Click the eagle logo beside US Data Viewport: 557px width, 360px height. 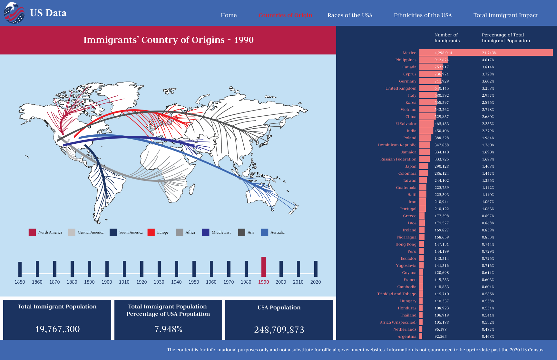tap(14, 13)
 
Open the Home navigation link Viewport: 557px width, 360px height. tap(229, 15)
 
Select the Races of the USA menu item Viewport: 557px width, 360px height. tap(350, 15)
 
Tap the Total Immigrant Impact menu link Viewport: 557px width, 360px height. tap(505, 15)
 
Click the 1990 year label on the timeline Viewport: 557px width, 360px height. tap(263, 282)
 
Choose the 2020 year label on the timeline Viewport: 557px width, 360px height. tap(315, 282)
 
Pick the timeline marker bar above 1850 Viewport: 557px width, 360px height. tap(20, 269)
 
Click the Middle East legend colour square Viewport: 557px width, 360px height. tap(206, 232)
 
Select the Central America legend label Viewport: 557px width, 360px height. tap(90, 232)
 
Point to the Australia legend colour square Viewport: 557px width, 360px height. tap(265, 232)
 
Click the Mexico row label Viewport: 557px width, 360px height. tap(409, 53)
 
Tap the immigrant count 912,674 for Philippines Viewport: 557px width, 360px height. tap(441, 60)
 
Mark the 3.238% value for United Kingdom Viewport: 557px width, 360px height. tap(488, 88)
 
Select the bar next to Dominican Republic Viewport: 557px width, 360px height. tap(425, 145)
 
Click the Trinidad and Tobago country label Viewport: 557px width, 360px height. tap(397, 294)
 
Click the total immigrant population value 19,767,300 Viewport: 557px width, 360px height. tap(57, 329)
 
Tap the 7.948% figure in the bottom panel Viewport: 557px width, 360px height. tap(168, 329)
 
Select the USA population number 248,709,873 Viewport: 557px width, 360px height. tap(279, 330)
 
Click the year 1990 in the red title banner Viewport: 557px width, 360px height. tap(244, 40)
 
